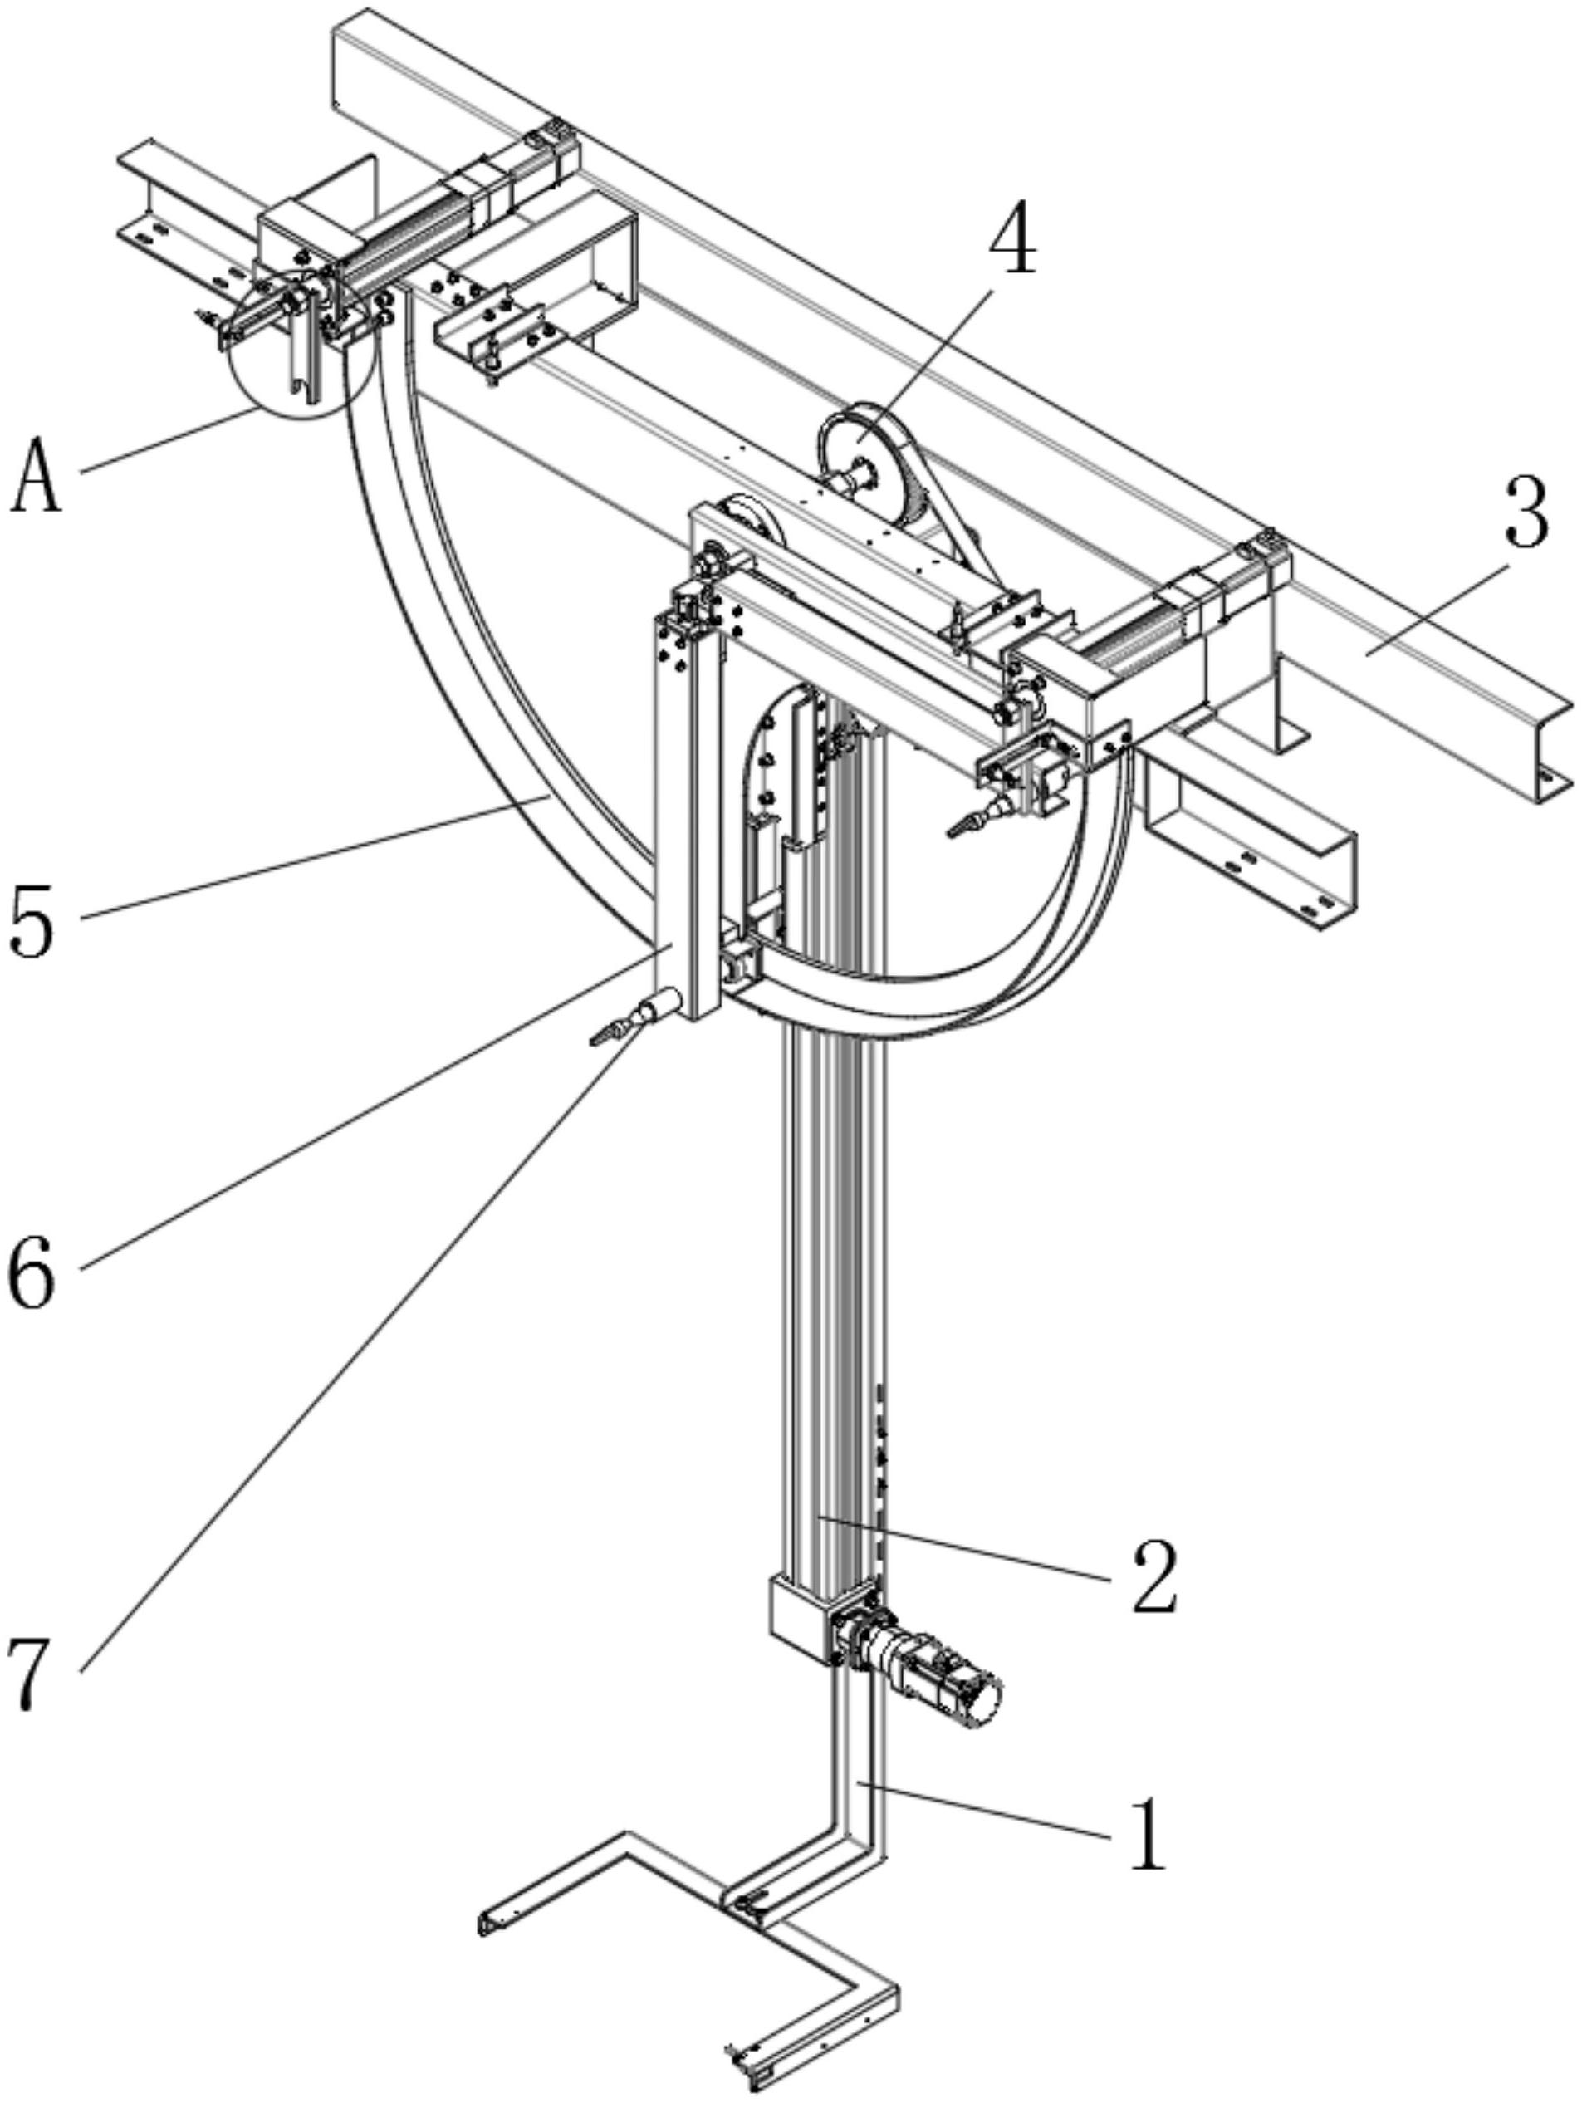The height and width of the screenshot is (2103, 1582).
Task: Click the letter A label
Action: click(x=37, y=475)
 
